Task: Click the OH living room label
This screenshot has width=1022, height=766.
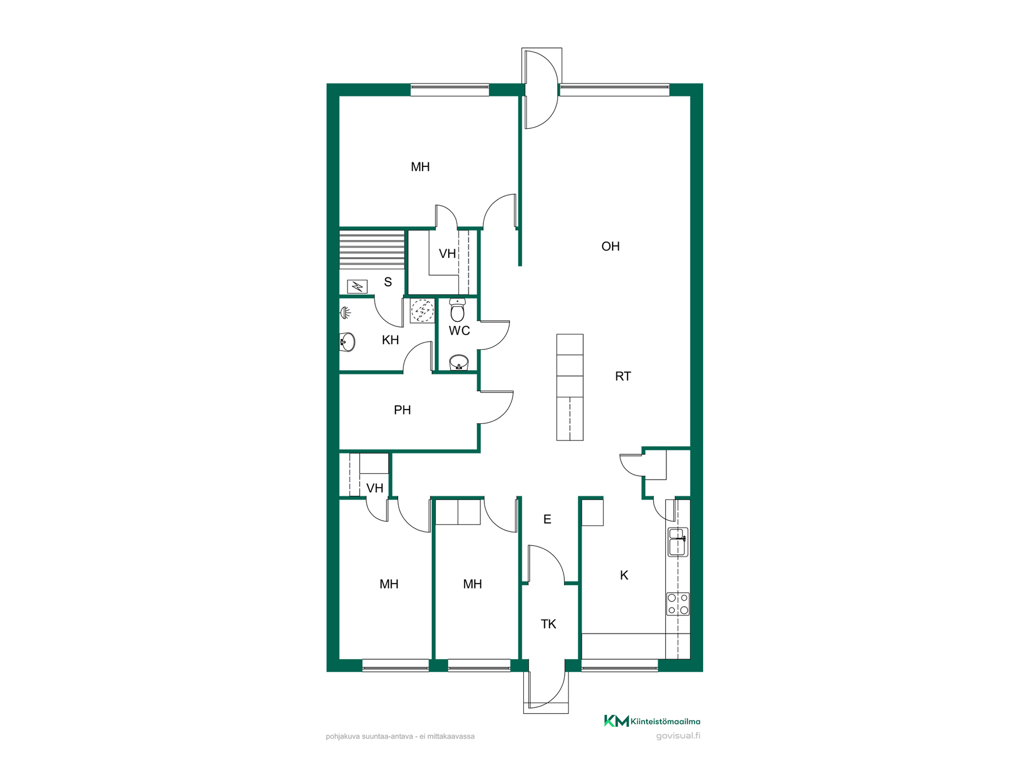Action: (610, 246)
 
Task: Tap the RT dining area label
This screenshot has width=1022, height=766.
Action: (623, 377)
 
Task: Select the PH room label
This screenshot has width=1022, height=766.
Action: (402, 410)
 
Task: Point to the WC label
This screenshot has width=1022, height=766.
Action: (459, 331)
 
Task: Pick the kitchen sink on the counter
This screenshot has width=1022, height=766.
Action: (678, 542)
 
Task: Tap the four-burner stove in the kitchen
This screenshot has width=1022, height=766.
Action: (678, 604)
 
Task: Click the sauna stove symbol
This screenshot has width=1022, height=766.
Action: (357, 287)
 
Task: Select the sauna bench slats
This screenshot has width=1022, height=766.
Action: (372, 249)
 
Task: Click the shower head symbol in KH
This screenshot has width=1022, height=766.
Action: (345, 313)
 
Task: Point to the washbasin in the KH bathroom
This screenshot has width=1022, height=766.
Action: (347, 342)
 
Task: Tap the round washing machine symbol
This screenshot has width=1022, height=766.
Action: (422, 311)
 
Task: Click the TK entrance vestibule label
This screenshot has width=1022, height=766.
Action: (548, 624)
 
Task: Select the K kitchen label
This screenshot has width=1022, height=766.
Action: (624, 575)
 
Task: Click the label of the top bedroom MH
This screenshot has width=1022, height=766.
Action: (420, 167)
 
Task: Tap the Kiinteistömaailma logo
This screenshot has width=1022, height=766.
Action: (652, 721)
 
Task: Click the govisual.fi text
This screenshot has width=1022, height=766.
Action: (678, 736)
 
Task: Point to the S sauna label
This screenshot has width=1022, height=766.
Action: (388, 282)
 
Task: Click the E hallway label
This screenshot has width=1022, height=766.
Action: (547, 519)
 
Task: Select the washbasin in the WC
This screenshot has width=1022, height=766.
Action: (459, 363)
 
